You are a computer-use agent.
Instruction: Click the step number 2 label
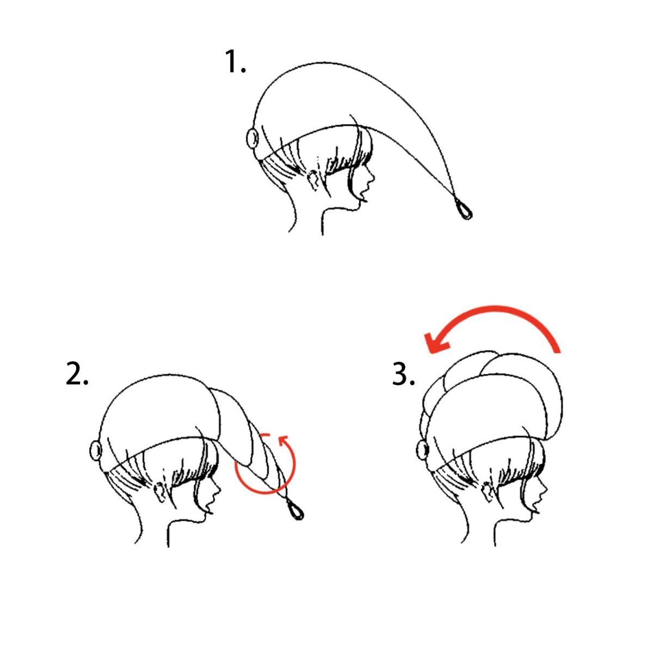tap(77, 373)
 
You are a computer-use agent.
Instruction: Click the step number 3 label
tap(403, 373)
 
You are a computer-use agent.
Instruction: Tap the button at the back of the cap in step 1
tap(252, 138)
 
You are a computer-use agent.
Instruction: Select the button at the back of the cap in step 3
tap(422, 450)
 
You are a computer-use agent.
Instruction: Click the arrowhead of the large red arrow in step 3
tap(435, 342)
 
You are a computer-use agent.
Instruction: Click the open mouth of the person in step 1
tap(364, 196)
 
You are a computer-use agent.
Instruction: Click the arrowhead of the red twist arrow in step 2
tap(284, 441)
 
